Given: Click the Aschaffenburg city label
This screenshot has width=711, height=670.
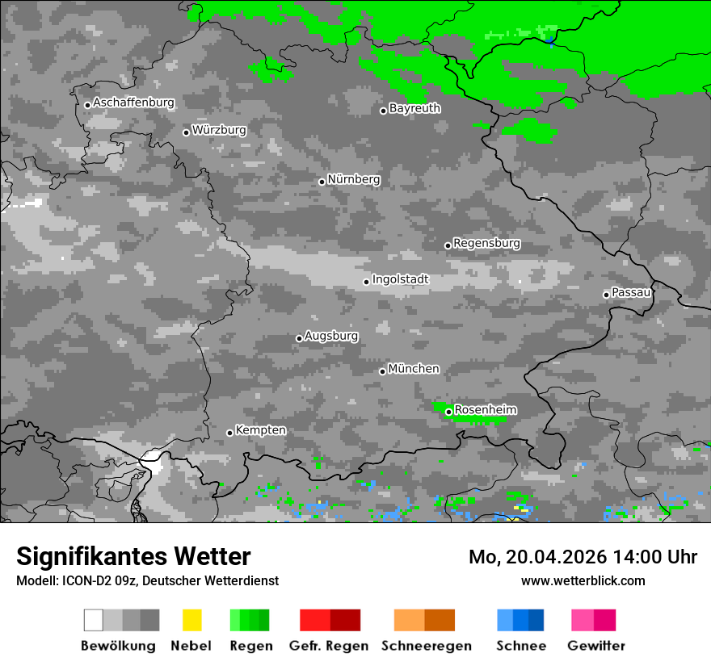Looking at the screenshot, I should tap(133, 103).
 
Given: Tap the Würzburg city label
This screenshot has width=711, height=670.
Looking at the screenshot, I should tap(219, 130).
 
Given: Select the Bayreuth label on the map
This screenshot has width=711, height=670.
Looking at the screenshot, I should tap(414, 108).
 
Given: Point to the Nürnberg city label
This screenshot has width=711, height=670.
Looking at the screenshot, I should tap(354, 179).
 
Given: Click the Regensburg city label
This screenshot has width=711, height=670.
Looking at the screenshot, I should tap(486, 243).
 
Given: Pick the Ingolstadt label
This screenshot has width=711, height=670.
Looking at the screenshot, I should tap(400, 279).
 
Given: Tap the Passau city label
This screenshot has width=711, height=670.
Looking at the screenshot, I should tap(631, 292).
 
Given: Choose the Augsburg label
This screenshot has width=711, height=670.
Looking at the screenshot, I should tap(331, 336).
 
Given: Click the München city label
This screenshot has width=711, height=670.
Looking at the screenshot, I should tap(414, 369).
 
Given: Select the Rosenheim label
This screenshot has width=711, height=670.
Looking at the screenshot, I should tap(485, 410).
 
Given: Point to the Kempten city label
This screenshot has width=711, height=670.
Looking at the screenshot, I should tap(260, 430).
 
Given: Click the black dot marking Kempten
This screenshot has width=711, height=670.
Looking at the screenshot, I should tap(229, 433).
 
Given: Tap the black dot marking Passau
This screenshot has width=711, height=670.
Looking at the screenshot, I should tap(606, 295).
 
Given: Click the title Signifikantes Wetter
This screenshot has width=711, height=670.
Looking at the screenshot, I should tap(133, 556).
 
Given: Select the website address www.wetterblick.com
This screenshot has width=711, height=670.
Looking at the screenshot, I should tap(583, 580).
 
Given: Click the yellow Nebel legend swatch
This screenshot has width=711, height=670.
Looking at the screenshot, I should tap(191, 620).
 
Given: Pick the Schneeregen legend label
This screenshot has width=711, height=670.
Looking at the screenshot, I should tap(426, 646).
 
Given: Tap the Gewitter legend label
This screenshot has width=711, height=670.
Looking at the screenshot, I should tap(596, 646).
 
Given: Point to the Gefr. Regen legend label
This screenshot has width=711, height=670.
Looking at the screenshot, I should tap(329, 646).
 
